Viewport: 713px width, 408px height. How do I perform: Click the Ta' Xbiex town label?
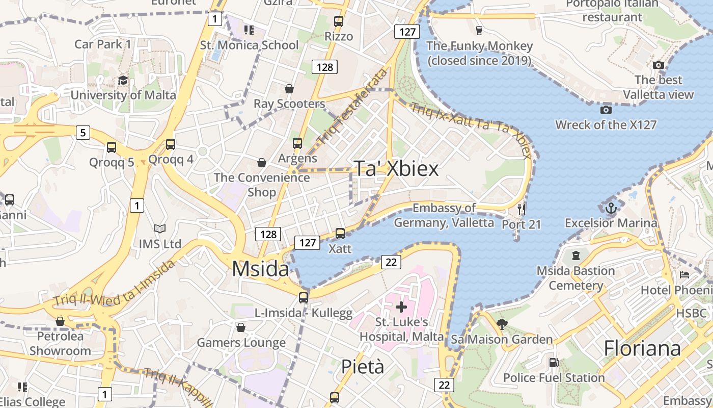(396, 169)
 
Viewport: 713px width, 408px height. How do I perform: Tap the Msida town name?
(261, 269)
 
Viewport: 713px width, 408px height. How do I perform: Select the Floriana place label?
(642, 349)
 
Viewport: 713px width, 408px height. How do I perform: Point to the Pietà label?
(362, 366)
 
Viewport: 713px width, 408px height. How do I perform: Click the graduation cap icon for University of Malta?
(123, 81)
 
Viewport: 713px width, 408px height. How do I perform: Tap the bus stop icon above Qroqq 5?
(112, 148)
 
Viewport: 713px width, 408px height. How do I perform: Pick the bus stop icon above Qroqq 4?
(171, 144)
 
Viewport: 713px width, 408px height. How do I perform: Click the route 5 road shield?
(83, 133)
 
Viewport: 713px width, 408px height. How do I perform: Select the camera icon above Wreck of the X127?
(606, 110)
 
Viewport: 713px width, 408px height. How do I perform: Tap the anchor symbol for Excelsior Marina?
(611, 208)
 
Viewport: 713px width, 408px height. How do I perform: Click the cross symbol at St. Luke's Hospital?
(401, 307)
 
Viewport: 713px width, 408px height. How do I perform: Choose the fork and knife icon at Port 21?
(521, 209)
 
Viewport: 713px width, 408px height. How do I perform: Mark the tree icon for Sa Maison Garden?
(502, 324)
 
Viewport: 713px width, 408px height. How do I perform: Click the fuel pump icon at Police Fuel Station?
(554, 363)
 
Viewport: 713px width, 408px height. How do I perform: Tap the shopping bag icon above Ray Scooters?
(289, 89)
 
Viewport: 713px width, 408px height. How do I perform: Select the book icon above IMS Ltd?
(160, 229)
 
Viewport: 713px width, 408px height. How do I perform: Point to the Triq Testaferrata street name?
(351, 106)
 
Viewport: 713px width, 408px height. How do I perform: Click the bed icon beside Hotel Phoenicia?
(684, 275)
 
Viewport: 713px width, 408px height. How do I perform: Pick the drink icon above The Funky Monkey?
(479, 30)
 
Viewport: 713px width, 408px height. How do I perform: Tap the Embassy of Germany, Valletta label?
(444, 215)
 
